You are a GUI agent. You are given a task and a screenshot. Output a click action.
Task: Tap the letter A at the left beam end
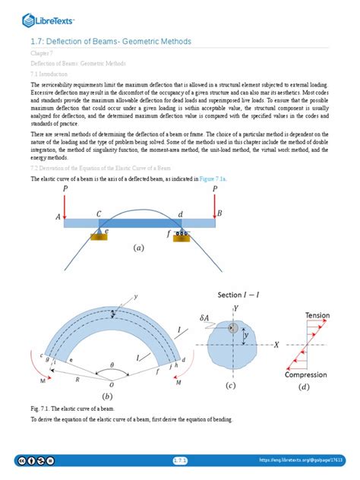[x=57, y=217]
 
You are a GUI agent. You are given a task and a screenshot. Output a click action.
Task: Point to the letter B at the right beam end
[x=220, y=214]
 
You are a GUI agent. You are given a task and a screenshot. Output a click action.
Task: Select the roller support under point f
[x=182, y=236]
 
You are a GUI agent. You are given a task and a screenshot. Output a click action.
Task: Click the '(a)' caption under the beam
[x=138, y=248]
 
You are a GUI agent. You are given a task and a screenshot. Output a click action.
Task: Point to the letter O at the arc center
[x=112, y=384]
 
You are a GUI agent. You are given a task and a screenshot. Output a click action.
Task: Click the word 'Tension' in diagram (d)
[x=317, y=314]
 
